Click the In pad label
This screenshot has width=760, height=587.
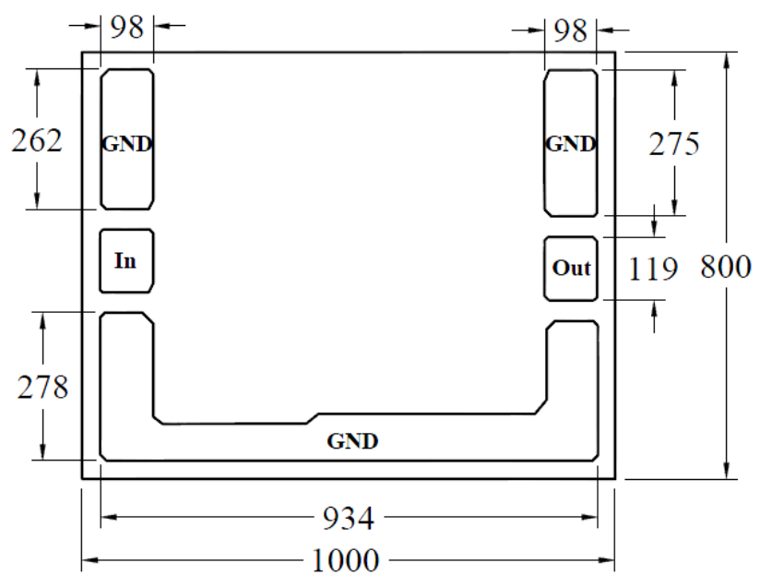(125, 261)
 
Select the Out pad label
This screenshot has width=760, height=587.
(572, 268)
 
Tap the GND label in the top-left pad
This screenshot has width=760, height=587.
(127, 144)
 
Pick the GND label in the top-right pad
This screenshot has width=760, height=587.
(571, 144)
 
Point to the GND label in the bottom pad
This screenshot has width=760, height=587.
(352, 441)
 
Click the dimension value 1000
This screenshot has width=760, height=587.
(345, 561)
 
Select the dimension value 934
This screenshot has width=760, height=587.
(349, 518)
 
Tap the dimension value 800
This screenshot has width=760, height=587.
(726, 267)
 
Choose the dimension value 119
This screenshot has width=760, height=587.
(652, 270)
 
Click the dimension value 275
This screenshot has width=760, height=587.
(674, 144)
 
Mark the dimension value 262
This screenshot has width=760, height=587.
(37, 141)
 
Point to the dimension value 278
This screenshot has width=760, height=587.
(42, 388)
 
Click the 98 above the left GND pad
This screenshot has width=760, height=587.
(127, 27)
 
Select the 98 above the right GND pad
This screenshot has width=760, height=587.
(571, 31)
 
